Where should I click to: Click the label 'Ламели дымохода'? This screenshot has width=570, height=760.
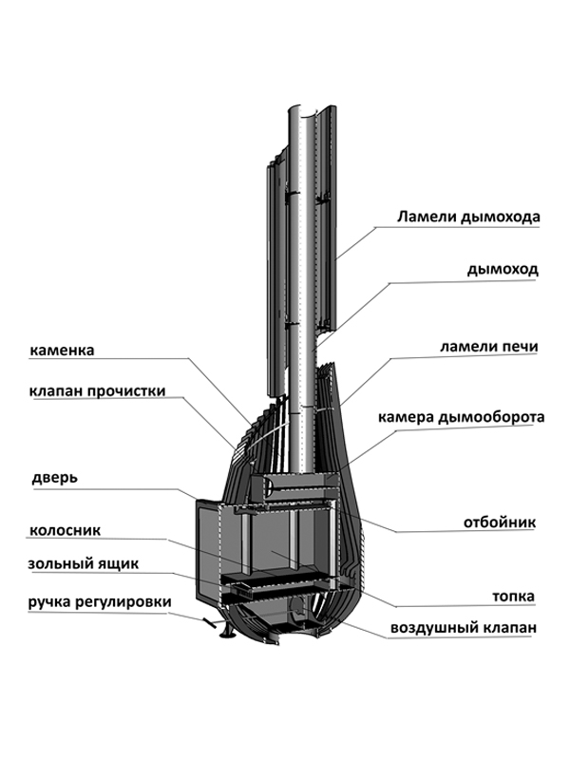click(468, 217)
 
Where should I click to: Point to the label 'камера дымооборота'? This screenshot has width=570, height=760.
click(460, 417)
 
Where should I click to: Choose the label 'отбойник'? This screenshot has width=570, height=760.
click(500, 522)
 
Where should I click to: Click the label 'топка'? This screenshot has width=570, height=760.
click(513, 597)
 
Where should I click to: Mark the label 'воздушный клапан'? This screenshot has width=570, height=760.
click(464, 628)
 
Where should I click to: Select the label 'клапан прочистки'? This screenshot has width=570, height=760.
click(97, 390)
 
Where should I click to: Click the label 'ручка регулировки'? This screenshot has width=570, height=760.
click(100, 601)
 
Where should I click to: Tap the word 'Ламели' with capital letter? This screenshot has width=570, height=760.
click(427, 217)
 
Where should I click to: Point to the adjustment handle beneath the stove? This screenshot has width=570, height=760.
click(210, 623)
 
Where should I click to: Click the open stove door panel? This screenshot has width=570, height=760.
click(208, 551)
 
